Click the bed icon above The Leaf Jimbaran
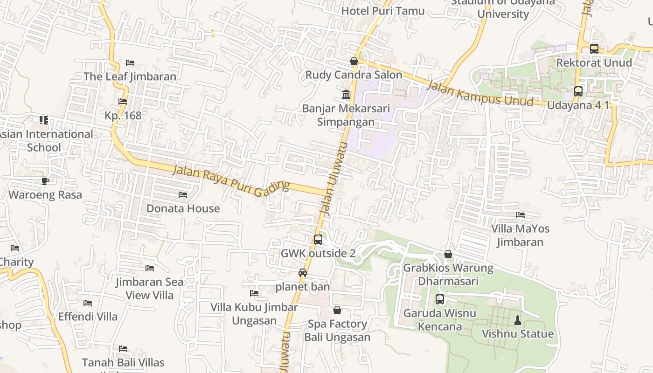point(130,63)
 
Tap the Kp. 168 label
point(123,115)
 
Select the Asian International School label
point(45,141)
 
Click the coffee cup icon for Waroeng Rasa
point(45,181)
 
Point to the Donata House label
point(183,208)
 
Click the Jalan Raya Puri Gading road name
point(231,179)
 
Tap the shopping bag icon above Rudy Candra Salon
point(354,61)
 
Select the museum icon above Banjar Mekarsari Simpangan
point(346,95)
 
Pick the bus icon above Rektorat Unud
point(594,48)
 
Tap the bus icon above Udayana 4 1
point(578,91)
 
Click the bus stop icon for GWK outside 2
point(318,240)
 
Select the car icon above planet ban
point(303,273)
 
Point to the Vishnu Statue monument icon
point(517,320)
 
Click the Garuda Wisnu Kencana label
point(439,319)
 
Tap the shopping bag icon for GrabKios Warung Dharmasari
point(448,254)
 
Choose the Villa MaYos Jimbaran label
point(520,235)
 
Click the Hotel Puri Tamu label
point(383,11)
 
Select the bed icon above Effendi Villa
point(88,303)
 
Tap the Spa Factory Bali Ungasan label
point(337,331)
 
